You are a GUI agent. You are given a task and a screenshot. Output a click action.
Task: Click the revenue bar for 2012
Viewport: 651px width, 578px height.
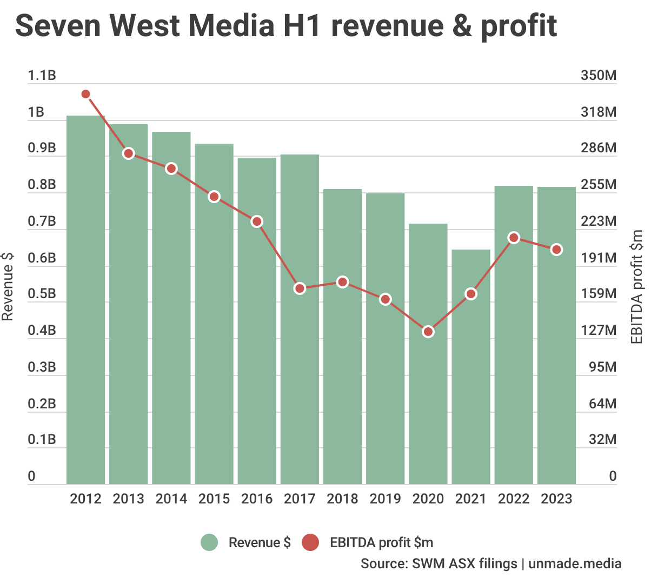click(x=85, y=300)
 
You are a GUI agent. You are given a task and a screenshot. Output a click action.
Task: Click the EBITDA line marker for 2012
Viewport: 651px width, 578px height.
click(x=85, y=94)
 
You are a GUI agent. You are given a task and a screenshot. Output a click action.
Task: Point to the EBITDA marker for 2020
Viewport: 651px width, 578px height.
click(x=428, y=332)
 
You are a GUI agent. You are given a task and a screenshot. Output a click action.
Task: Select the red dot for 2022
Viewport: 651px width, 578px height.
click(x=514, y=238)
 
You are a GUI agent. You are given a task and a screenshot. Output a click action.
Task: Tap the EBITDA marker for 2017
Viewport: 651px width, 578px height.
click(x=300, y=288)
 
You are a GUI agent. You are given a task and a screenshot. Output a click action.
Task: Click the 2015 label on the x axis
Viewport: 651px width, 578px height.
click(x=214, y=499)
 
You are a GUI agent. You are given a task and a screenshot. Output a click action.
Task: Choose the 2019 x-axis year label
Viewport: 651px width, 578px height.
click(x=385, y=499)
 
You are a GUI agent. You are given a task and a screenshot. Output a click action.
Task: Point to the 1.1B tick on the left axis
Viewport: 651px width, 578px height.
click(x=42, y=76)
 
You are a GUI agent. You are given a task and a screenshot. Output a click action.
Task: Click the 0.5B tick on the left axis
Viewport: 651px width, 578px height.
click(x=42, y=294)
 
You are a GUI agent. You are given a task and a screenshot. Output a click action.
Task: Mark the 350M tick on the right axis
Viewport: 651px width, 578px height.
click(x=599, y=76)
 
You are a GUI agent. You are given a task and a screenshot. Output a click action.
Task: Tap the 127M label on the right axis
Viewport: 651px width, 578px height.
click(x=599, y=331)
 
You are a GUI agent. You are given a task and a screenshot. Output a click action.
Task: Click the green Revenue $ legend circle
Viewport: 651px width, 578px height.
click(x=209, y=542)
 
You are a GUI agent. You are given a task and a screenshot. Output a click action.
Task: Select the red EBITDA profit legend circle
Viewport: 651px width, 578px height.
click(x=310, y=542)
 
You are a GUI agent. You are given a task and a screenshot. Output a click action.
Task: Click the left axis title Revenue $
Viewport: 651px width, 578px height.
click(x=8, y=286)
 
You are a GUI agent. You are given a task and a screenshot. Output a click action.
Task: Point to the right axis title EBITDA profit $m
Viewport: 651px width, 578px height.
click(x=637, y=286)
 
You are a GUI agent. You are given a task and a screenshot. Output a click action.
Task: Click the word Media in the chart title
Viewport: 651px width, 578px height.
click(x=231, y=25)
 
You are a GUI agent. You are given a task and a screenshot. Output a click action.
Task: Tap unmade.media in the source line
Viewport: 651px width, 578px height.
click(x=575, y=563)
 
